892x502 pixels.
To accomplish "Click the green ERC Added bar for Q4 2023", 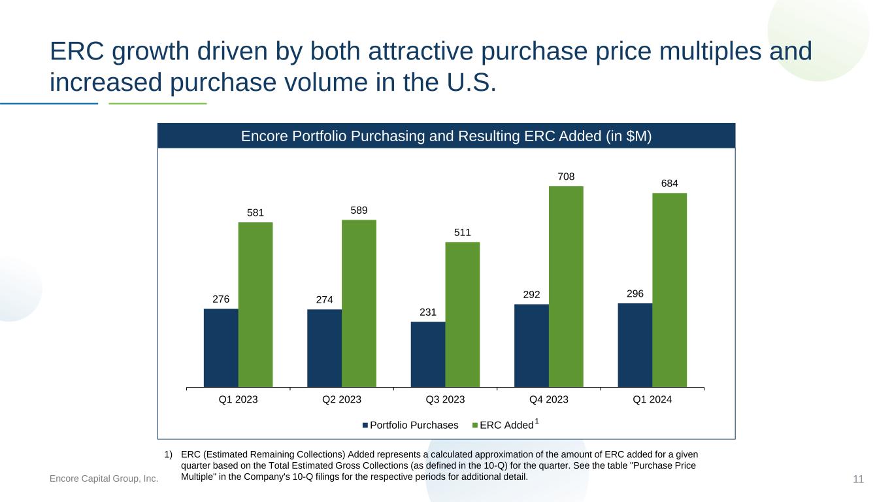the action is (566, 286).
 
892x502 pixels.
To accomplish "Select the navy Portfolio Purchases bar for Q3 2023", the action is (428, 354).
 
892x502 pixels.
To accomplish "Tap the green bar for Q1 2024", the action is (669, 290).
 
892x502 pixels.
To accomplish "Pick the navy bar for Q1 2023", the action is (221, 348).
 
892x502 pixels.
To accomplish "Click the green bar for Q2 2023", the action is (359, 303).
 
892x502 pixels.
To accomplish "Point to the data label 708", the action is (566, 176).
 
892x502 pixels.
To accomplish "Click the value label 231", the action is (428, 312).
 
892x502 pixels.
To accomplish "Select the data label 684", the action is (669, 183).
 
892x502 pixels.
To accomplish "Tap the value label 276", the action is (221, 299).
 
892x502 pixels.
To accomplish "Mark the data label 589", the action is (359, 210).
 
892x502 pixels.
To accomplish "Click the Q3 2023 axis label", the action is (445, 399).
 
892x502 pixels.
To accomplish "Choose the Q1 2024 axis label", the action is (652, 399).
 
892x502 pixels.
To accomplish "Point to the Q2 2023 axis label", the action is (342, 399).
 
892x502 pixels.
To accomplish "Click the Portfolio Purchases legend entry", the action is (410, 425).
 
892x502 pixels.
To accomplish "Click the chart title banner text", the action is (446, 136).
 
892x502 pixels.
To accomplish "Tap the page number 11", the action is (858, 479).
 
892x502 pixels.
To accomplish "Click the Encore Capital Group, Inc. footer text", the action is (104, 478).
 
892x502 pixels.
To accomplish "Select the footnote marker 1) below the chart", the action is (169, 454).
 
